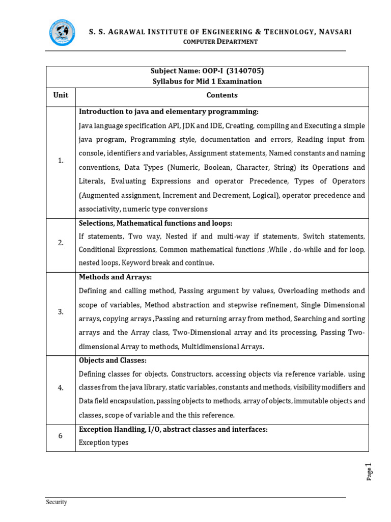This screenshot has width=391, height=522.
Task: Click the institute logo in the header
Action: point(62,33)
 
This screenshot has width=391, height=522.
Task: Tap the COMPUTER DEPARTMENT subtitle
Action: point(220,42)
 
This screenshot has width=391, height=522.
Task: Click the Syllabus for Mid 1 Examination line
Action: point(207,82)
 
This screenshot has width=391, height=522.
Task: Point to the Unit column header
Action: point(61,95)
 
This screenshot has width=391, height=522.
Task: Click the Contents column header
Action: point(222,95)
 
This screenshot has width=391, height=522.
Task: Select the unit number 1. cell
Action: point(61,161)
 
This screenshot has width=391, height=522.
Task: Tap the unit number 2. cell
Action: point(61,243)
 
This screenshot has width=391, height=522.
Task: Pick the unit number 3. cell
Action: point(61,312)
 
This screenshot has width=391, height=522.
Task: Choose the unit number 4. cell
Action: point(61,388)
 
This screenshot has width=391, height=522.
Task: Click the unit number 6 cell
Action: point(61,435)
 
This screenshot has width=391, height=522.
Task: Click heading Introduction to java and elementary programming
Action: point(169,112)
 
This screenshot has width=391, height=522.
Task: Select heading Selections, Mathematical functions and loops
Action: point(155,223)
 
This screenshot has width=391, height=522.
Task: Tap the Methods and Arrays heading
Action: point(116,277)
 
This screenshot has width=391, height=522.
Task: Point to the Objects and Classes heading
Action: point(113,360)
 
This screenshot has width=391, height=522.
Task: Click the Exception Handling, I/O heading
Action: point(173,430)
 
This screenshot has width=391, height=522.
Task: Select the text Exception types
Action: point(103,442)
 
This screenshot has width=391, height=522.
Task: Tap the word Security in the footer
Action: point(57,502)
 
